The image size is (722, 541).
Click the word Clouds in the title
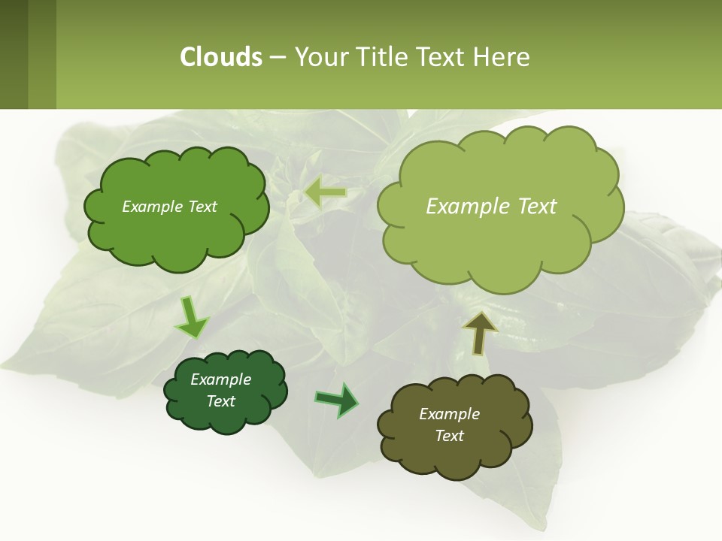221,57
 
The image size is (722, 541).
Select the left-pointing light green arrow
325,193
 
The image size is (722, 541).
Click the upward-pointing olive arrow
480,333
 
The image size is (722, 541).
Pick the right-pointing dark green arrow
336,400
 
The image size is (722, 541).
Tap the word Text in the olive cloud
449,436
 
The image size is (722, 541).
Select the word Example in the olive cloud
449,414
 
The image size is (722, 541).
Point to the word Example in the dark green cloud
220,379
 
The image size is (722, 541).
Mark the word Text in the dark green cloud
220,401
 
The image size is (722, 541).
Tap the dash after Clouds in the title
278,58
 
